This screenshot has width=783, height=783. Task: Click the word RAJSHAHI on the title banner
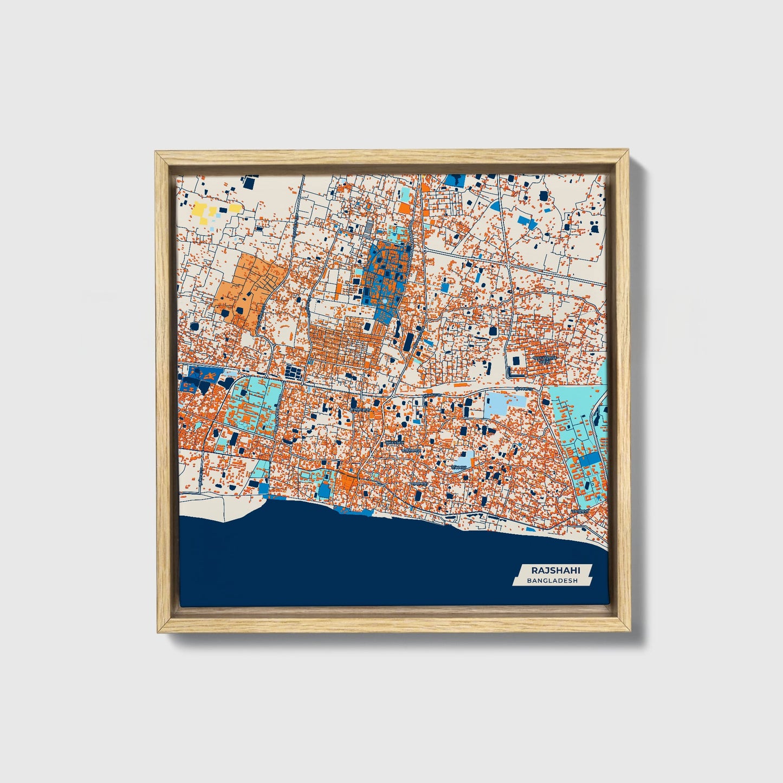click(548, 570)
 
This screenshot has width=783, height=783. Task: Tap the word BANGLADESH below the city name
click(548, 581)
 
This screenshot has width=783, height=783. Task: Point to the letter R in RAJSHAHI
click(534, 570)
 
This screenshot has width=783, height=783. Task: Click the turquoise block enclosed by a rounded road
click(255, 406)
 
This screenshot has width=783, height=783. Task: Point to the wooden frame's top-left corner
click(156, 152)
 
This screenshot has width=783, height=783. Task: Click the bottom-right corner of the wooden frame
click(630, 632)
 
